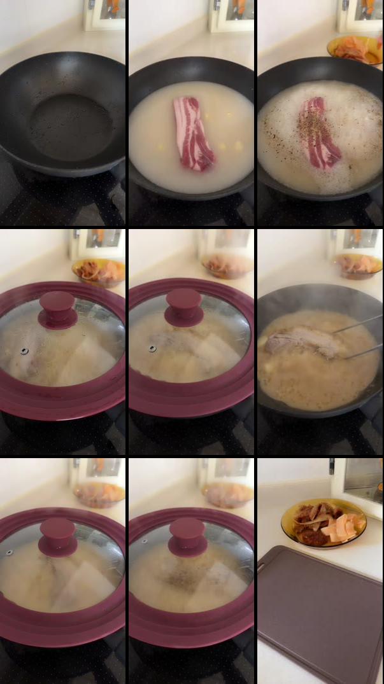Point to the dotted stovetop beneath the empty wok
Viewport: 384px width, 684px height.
[38, 204]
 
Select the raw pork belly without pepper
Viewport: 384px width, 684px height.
[193, 133]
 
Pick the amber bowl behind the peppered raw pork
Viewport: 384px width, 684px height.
[355, 49]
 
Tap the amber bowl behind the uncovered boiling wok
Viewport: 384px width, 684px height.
[359, 265]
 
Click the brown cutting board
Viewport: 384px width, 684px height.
[318, 611]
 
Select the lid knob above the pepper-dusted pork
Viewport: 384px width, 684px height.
[187, 536]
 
